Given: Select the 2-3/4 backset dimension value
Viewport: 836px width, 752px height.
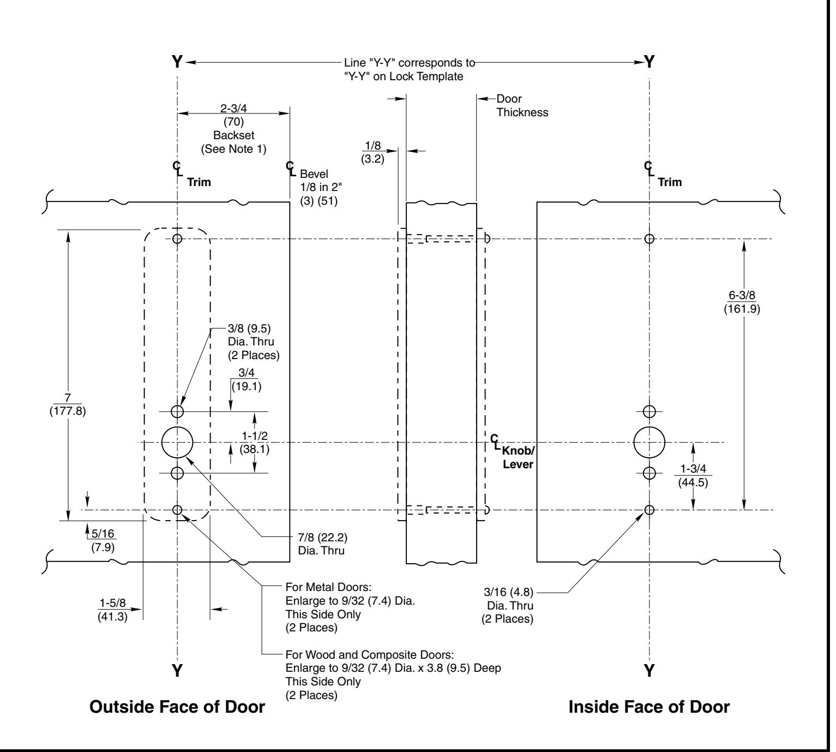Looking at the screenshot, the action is (x=233, y=108).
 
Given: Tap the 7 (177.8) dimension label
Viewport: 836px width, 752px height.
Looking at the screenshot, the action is (x=68, y=404).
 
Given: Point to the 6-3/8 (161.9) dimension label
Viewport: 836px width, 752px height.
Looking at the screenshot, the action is (x=742, y=302).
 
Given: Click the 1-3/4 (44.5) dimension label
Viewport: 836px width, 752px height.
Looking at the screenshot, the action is (x=693, y=475).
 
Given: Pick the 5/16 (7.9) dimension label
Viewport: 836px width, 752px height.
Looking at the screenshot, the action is (x=103, y=540).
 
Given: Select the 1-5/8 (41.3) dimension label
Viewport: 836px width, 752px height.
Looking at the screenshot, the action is (x=112, y=610).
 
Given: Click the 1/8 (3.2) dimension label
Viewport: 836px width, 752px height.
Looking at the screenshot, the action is (x=372, y=152).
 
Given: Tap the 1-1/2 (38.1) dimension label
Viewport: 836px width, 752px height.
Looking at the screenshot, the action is (x=255, y=442).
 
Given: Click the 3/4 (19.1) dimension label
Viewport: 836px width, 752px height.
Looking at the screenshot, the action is (x=246, y=379).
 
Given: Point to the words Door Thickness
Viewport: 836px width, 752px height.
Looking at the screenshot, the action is (x=522, y=105).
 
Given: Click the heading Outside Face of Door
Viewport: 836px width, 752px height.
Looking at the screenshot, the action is (x=177, y=707).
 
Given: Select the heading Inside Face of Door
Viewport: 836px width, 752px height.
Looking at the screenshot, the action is (x=649, y=707).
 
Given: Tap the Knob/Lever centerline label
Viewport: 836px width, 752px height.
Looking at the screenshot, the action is (x=518, y=457).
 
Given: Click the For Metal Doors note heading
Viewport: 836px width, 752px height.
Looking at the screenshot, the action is (x=328, y=587).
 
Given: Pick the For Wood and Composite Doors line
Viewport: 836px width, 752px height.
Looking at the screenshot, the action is (x=370, y=654).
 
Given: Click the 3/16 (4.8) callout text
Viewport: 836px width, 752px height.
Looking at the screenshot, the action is (x=508, y=592).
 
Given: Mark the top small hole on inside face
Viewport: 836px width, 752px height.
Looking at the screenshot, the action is (x=649, y=238).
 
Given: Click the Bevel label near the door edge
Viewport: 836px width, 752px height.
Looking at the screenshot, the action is (x=314, y=174).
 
